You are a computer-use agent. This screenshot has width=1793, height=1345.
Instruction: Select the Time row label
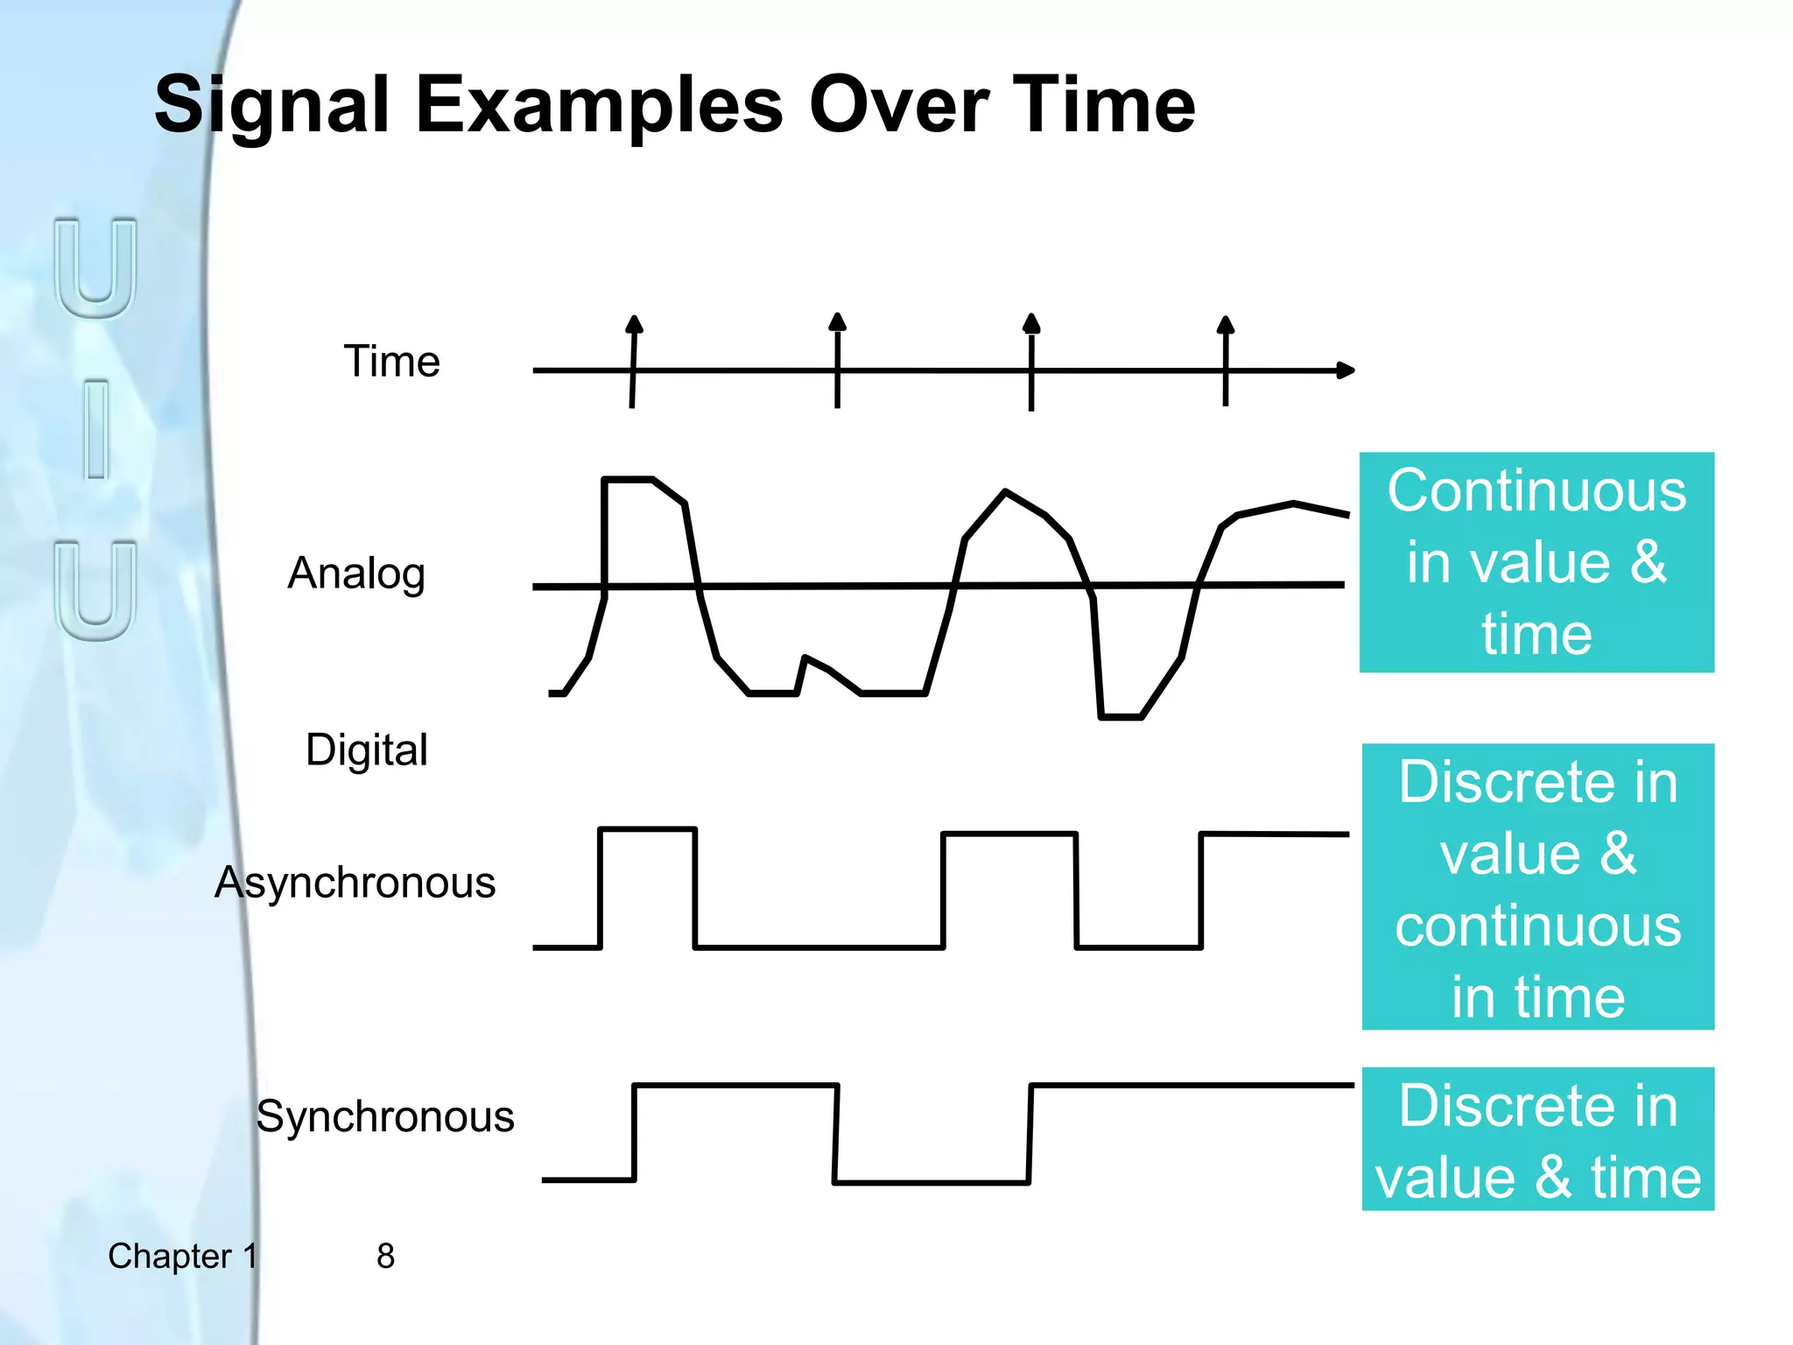click(391, 362)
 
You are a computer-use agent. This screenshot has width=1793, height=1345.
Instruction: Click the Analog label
click(356, 574)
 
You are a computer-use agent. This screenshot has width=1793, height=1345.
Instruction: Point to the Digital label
click(366, 750)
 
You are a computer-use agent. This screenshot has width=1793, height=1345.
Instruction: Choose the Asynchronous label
click(355, 883)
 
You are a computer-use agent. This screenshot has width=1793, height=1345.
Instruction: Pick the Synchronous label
click(385, 1116)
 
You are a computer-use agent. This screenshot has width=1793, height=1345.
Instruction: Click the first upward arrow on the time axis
click(635, 326)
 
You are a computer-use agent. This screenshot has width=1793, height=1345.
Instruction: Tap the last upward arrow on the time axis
click(1226, 327)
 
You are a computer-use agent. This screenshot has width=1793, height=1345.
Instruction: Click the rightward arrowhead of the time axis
click(1347, 370)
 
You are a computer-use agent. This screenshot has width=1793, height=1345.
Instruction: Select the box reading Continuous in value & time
click(1536, 562)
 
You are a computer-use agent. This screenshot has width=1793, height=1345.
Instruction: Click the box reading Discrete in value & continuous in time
click(1537, 886)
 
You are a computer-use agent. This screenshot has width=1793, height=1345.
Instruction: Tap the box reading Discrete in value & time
click(1537, 1139)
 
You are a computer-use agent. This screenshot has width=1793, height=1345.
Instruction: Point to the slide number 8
click(385, 1256)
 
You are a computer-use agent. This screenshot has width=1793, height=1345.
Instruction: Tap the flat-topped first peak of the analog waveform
click(629, 479)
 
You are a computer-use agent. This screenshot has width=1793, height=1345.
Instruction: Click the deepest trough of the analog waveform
click(1122, 716)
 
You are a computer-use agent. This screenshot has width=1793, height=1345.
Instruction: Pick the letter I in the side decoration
click(97, 429)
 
